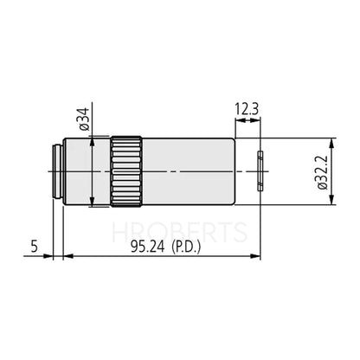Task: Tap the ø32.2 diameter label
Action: pyautogui.click(x=322, y=173)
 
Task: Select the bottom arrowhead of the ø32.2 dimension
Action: pyautogui.click(x=333, y=204)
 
